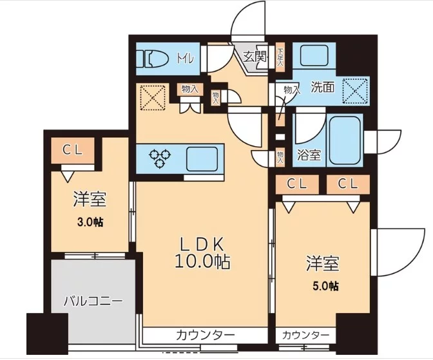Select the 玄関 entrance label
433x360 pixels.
(x=255, y=56)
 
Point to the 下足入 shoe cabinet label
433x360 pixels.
(x=280, y=57)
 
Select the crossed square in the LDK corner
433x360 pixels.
(x=153, y=99)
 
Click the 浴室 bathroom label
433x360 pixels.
(x=309, y=155)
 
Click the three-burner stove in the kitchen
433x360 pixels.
(x=159, y=157)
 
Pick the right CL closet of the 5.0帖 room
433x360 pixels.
(x=347, y=184)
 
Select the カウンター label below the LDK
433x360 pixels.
(x=205, y=336)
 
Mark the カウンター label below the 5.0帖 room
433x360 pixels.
(x=306, y=336)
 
